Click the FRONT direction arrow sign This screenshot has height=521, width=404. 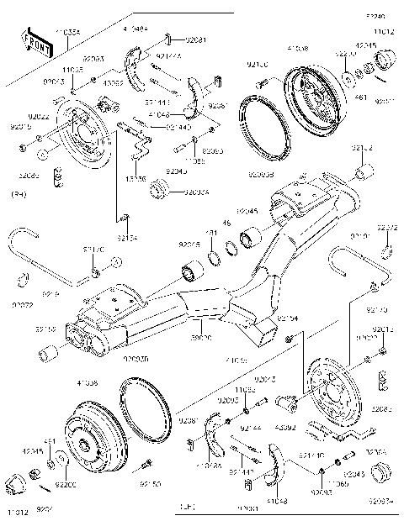[36, 41]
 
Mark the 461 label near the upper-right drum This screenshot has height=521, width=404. [361, 97]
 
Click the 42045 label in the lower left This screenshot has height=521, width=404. [33, 450]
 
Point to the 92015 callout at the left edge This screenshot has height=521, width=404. [19, 127]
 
